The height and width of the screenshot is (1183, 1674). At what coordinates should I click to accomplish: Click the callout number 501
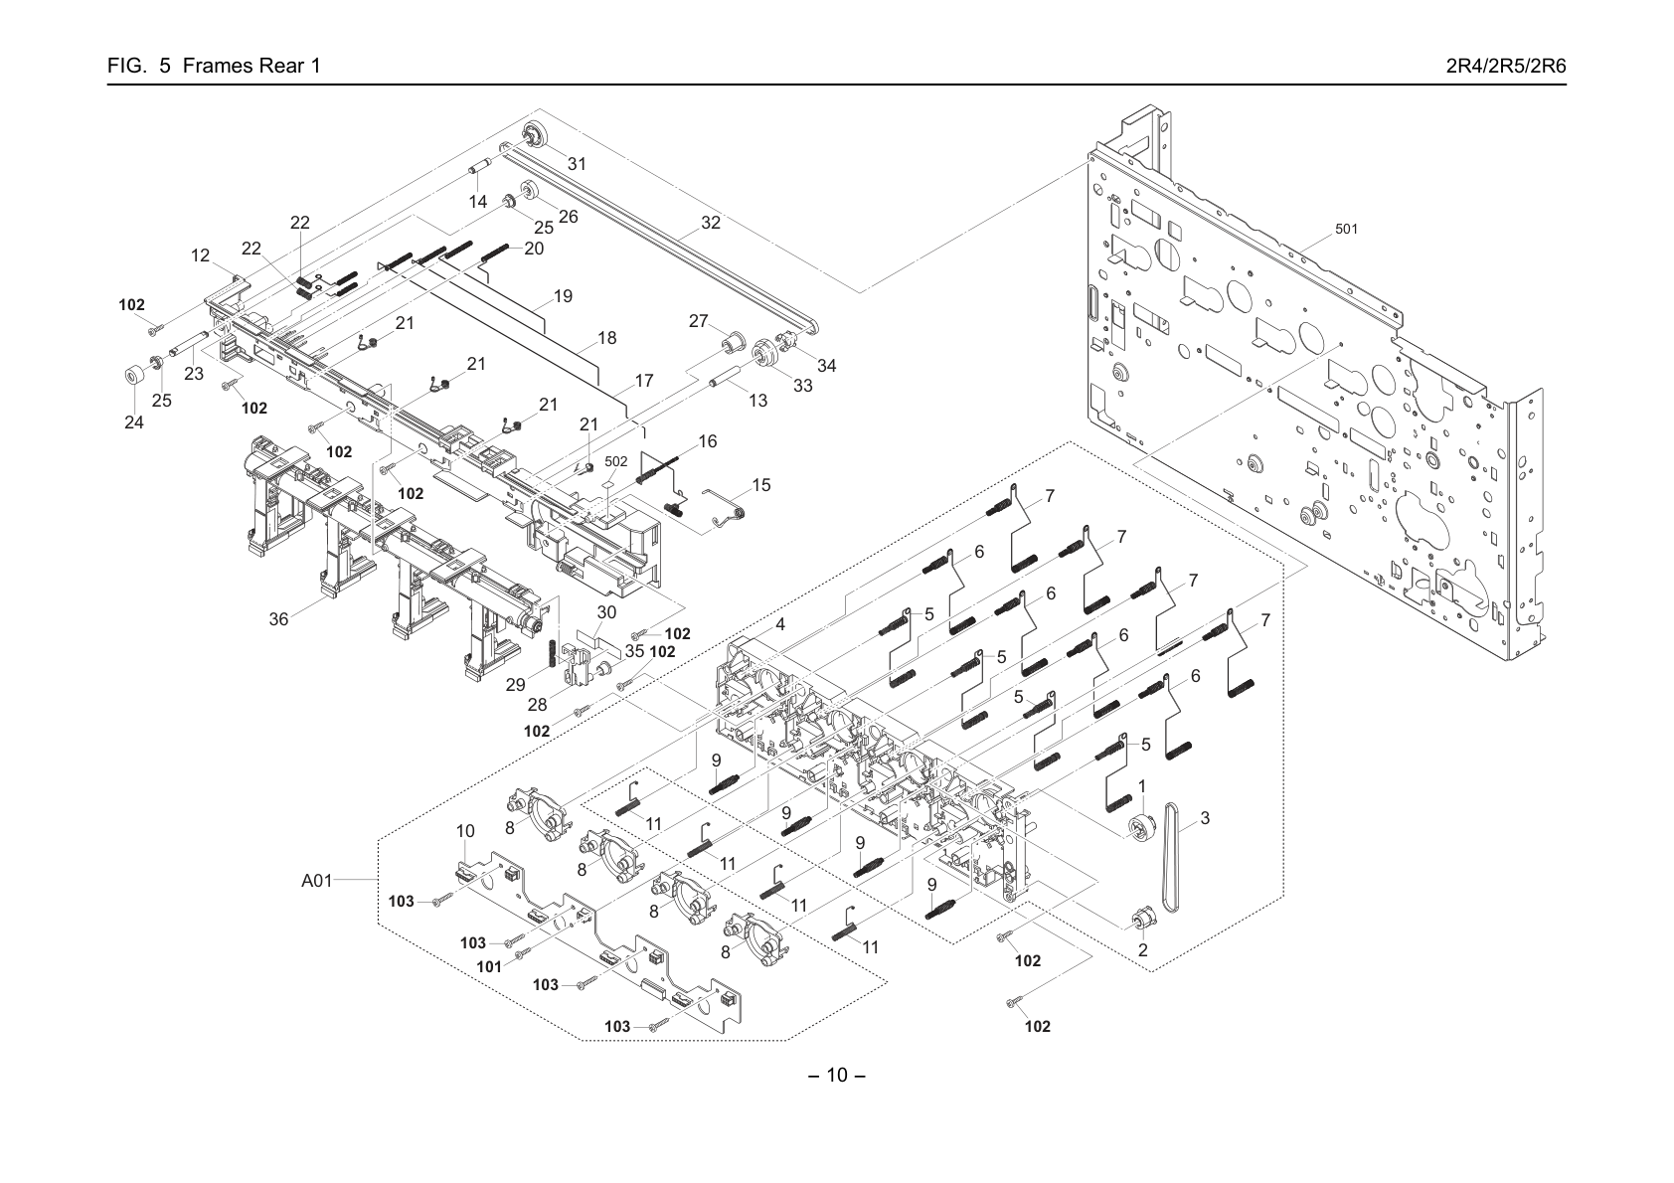coord(1346,229)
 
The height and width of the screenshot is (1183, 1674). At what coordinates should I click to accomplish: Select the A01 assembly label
coord(316,881)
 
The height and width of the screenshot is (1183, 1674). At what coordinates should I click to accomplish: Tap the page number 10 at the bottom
coord(837,1075)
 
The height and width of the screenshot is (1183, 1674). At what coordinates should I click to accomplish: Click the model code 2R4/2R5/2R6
coord(1506,66)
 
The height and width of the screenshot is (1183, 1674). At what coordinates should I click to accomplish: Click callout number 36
coord(278,618)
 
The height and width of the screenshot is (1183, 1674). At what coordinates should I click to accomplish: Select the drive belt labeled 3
coord(1171,857)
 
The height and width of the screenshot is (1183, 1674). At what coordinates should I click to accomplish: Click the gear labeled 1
coord(1140,828)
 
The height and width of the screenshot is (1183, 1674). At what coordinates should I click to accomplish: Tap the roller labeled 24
coord(134,373)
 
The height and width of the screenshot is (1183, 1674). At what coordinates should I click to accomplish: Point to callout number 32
coord(711,223)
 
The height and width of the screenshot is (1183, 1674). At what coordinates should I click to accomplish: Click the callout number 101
coord(489,967)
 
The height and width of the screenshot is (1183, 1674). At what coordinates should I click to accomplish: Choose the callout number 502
coord(615,462)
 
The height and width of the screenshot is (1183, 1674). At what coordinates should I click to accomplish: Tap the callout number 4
coord(779,624)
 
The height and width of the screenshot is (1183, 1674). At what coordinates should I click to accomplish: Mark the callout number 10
coord(465,831)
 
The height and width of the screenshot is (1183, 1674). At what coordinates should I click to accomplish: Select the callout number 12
coord(200,255)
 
